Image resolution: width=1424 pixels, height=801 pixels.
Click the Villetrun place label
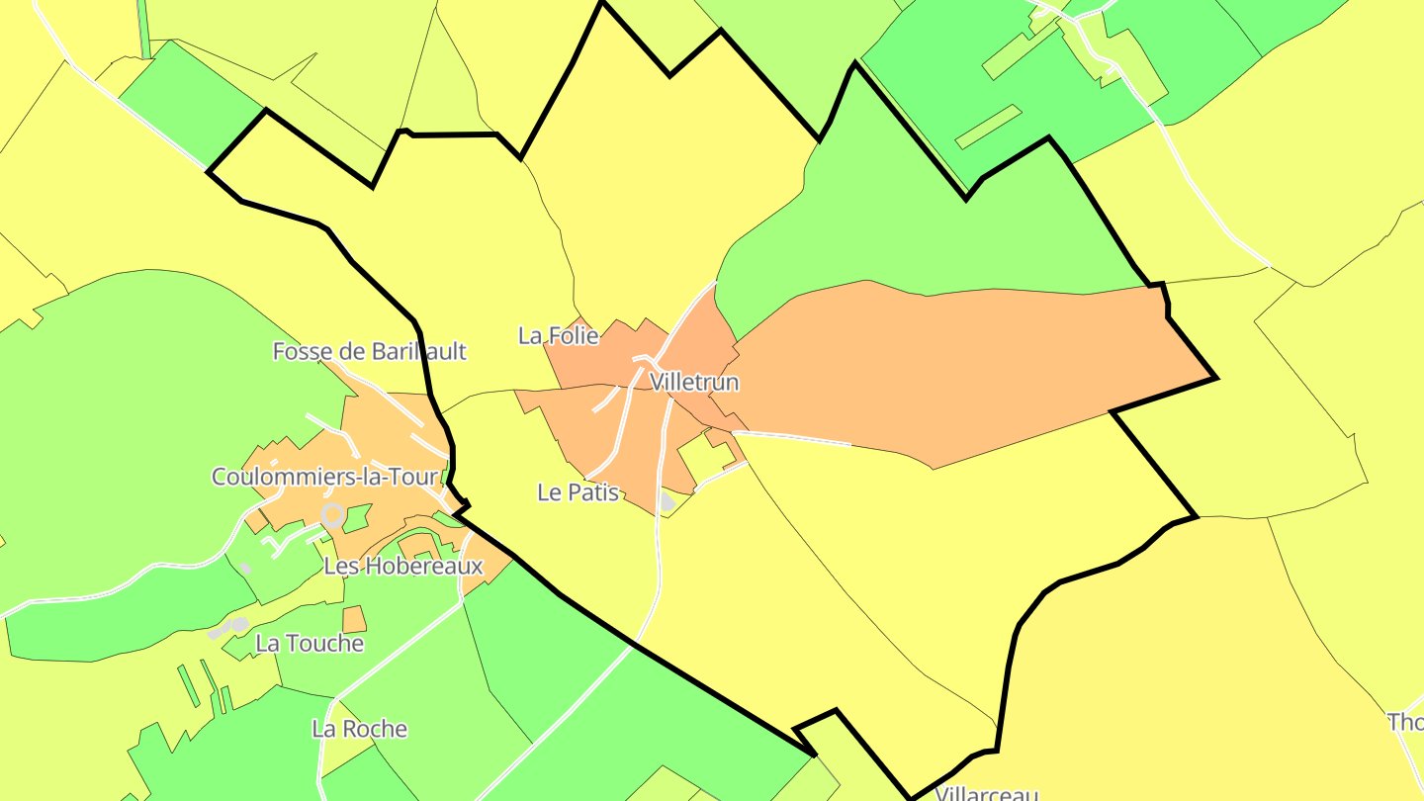(x=694, y=382)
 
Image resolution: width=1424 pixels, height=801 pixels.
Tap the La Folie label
(x=558, y=336)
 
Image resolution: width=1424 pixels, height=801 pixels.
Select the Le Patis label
(x=578, y=491)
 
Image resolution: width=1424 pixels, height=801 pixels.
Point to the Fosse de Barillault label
(x=369, y=351)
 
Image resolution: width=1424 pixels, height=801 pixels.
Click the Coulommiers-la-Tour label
(x=324, y=477)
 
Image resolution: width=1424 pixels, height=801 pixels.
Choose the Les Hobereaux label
(x=403, y=567)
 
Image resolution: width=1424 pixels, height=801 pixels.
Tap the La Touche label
(x=310, y=644)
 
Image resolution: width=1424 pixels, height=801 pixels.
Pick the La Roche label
(x=359, y=729)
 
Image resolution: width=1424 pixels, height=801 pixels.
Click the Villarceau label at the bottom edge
(x=986, y=793)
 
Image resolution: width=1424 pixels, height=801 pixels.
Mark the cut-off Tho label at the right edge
(x=1405, y=722)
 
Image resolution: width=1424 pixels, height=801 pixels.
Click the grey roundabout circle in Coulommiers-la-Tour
(x=333, y=514)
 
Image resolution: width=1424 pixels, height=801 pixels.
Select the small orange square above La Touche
(x=354, y=620)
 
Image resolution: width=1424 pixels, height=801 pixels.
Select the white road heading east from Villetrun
(x=791, y=438)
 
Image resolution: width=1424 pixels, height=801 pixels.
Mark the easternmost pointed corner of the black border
(x=1216, y=378)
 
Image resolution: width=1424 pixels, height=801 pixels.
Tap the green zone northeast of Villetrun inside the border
(x=920, y=218)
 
